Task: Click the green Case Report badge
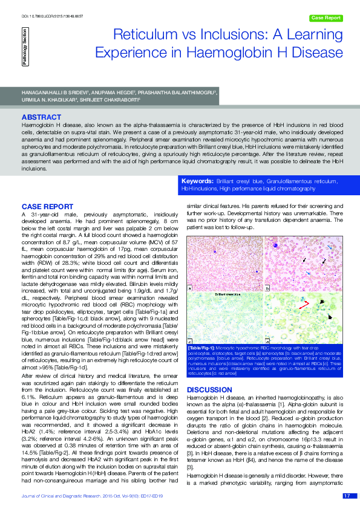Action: (x=326, y=18)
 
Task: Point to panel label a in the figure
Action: (x=191, y=288)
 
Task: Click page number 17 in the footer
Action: (x=346, y=496)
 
